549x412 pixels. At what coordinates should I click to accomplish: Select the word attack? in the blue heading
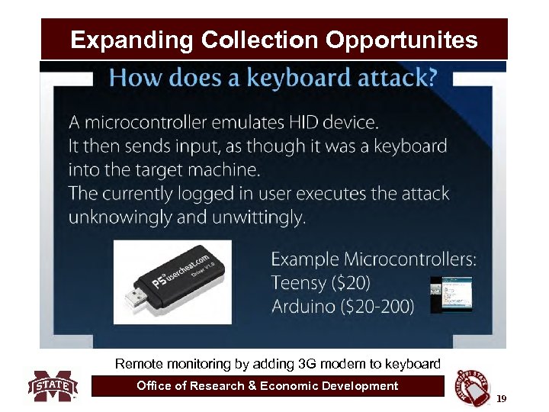coord(405,79)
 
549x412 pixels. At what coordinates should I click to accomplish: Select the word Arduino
coord(305,307)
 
